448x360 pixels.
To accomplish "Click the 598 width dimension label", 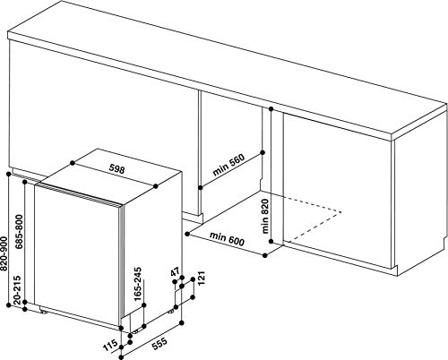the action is tap(116, 169).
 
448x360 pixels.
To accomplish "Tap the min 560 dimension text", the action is tap(228, 165).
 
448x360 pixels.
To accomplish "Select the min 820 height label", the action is tap(264, 216).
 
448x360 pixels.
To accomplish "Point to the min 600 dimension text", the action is tap(227, 238).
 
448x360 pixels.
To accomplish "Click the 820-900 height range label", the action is tap(4, 253).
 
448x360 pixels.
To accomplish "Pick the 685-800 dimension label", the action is tap(19, 232).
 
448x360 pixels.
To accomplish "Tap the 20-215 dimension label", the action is tap(17, 290).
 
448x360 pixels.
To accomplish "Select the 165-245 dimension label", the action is tap(137, 285).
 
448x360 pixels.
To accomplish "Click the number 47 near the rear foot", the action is tap(175, 272).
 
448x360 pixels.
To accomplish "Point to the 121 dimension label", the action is tap(201, 278).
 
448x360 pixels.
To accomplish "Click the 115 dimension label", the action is tap(110, 347).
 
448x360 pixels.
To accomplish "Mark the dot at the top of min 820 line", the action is tap(271, 109).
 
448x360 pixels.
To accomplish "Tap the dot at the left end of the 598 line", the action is tap(73, 163).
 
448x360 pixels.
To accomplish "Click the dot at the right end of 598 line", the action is tap(156, 186).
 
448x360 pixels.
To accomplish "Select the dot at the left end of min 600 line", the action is tap(187, 234).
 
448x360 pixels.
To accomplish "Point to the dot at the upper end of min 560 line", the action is tap(263, 152).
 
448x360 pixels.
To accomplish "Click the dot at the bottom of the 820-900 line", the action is tap(9, 305).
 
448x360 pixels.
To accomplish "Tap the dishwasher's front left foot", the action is tap(44, 312).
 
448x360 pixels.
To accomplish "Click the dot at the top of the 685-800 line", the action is tap(25, 181).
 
